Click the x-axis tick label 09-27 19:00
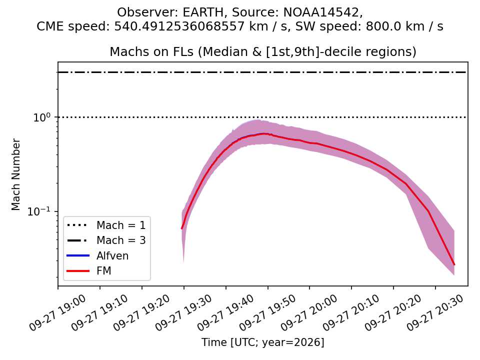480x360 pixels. (58, 313)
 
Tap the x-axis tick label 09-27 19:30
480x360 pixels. (183, 313)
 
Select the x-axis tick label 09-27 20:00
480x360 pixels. (309, 313)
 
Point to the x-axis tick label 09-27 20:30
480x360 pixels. (435, 313)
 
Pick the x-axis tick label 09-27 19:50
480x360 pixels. (267, 313)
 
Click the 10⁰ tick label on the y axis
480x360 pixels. (41, 117)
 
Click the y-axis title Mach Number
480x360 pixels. (15, 174)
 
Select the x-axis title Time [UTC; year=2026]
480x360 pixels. (262, 342)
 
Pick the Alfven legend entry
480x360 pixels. (112, 255)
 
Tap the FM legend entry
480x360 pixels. (104, 271)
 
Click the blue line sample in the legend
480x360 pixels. (78, 255)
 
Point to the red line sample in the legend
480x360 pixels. (78, 271)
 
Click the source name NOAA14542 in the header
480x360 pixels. (321, 12)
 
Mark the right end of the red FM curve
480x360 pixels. (454, 265)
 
